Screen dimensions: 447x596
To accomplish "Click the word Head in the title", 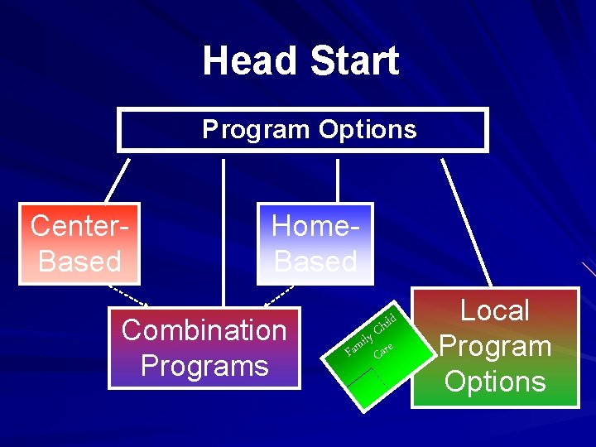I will tap(251, 61).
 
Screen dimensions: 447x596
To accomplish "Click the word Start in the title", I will tap(354, 61).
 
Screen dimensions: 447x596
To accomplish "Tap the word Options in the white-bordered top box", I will tap(368, 130).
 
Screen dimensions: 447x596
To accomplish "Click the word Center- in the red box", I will tap(80, 225).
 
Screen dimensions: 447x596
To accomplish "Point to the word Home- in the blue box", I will tap(315, 226).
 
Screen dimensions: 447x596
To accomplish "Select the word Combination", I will tap(204, 330).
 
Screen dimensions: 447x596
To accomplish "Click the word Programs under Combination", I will tap(204, 365).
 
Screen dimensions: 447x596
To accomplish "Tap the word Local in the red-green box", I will tap(494, 310).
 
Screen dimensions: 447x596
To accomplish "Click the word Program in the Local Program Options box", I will tap(494, 346).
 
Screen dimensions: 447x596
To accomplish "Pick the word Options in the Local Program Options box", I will tap(494, 382).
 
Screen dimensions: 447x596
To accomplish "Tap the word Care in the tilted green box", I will tap(383, 349).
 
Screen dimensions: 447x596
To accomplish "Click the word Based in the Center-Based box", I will tap(80, 261).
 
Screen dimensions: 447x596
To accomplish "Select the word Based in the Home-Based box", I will tap(315, 262).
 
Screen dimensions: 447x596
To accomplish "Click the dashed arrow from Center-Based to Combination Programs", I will tap(128, 296).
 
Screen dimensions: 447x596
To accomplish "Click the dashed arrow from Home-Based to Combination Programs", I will tap(277, 296).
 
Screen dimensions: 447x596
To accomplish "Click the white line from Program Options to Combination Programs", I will tap(223, 232).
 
